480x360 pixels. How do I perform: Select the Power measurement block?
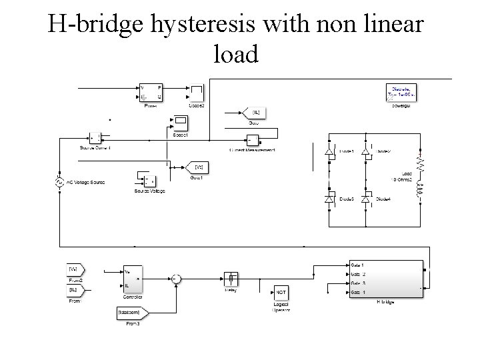[x=150, y=93]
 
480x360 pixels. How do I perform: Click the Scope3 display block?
[x=197, y=93]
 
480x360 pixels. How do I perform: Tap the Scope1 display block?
[x=180, y=123]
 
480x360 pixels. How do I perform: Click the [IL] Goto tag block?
[x=254, y=113]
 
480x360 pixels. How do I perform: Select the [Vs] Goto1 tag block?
[x=197, y=166]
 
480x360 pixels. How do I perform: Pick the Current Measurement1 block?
[x=252, y=140]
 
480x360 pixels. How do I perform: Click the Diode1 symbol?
[x=329, y=152]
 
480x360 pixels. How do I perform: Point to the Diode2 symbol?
[x=365, y=152]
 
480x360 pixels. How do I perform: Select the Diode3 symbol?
[x=329, y=199]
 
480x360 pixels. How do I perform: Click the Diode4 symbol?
[x=365, y=199]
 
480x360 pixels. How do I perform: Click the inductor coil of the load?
[x=420, y=190]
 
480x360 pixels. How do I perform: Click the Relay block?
[x=229, y=278]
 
